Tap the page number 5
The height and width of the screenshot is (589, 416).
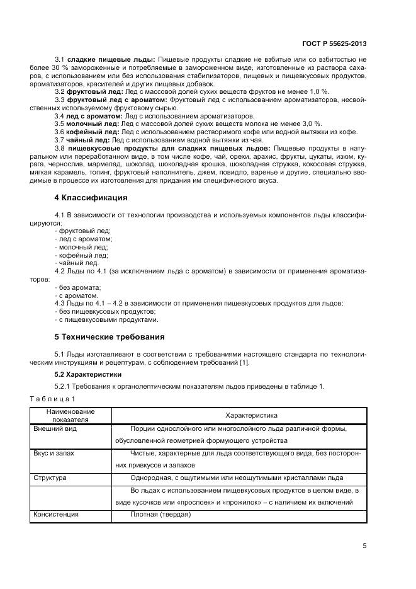coord(365,546)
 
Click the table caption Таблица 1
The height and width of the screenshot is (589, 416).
coord(53,399)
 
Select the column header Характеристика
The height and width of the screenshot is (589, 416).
coord(238,416)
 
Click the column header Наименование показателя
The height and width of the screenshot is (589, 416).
coord(71,415)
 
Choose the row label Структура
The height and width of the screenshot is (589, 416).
coord(50,478)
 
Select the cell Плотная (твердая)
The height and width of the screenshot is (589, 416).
coord(160,515)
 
